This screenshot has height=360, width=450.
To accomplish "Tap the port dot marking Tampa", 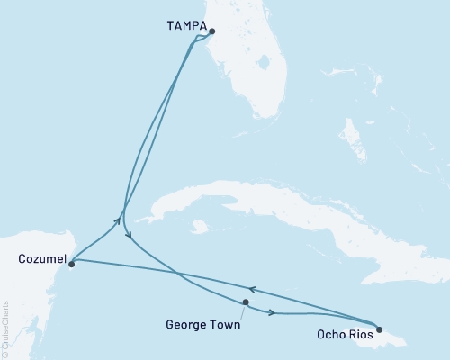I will coord(212,32).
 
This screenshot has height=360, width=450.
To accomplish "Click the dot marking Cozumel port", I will coord(71,263).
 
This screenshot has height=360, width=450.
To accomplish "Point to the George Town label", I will coord(203,325).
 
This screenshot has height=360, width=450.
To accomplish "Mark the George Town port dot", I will coord(246,302).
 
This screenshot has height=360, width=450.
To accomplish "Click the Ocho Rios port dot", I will coord(379,329).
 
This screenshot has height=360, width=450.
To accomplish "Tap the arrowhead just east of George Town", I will coord(271,312).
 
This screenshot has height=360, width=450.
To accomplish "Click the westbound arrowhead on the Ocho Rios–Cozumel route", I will coord(252,289).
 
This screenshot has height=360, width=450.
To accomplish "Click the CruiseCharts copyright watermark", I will coord(5,329).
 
